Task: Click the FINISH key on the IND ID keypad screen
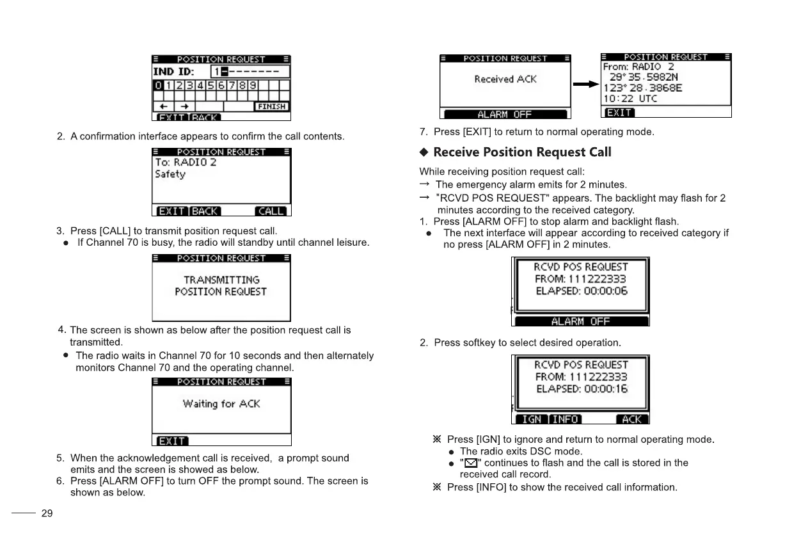click(271, 106)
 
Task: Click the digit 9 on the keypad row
click(253, 86)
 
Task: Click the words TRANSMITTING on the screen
click(221, 280)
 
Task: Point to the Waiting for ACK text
click(221, 404)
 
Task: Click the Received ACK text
click(505, 79)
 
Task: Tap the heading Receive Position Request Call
click(522, 152)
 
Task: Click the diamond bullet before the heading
click(424, 152)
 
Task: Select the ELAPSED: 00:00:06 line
click(582, 291)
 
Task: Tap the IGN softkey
click(531, 419)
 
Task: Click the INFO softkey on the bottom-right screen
click(566, 419)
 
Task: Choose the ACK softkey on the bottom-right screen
click(631, 419)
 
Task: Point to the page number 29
click(47, 513)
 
